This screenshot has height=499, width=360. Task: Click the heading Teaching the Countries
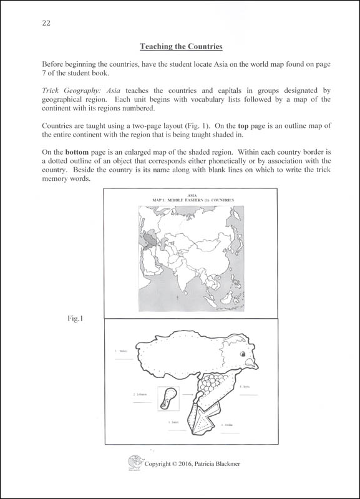point(180,46)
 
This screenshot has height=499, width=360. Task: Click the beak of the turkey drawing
point(251,363)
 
